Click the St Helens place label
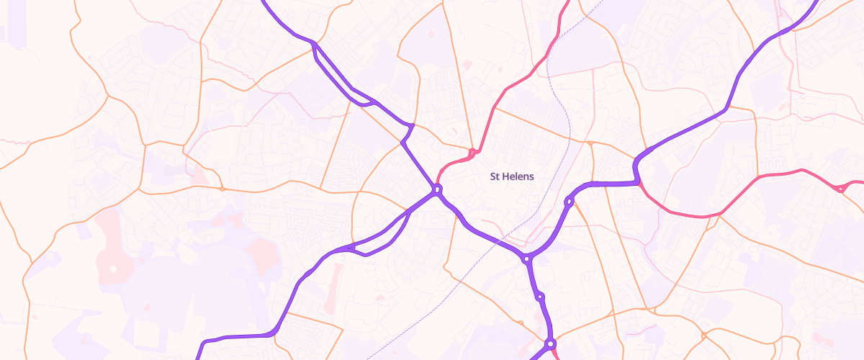click(511, 176)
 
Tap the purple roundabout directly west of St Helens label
click(436, 190)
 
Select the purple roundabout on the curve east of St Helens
click(569, 202)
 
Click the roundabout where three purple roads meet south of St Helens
click(527, 259)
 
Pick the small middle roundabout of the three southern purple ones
click(539, 296)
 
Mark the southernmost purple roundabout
click(551, 344)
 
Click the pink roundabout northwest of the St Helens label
click(472, 153)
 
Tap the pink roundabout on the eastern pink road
click(840, 189)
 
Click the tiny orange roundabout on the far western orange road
click(222, 189)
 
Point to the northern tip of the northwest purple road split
click(314, 45)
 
